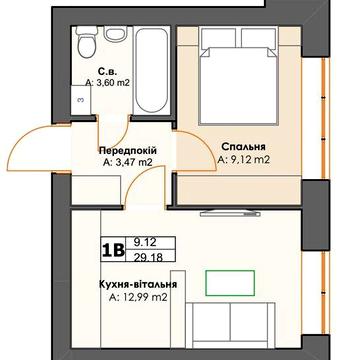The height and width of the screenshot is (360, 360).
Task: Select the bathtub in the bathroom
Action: pyautogui.click(x=152, y=71)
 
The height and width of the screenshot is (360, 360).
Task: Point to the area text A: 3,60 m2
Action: pyautogui.click(x=107, y=82)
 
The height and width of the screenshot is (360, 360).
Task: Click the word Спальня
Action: pyautogui.click(x=243, y=147)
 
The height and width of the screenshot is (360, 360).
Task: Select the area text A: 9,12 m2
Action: pyautogui.click(x=243, y=160)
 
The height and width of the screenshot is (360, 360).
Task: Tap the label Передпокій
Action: pyautogui.click(x=128, y=151)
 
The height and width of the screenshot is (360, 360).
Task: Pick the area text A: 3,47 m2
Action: pyautogui.click(x=128, y=162)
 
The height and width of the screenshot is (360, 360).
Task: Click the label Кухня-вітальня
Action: pyautogui.click(x=138, y=284)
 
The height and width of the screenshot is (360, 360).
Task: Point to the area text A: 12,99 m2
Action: pyautogui.click(x=138, y=297)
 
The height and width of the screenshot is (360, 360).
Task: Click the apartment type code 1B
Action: pyautogui.click(x=113, y=249)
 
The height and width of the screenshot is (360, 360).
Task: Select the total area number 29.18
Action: pyautogui.click(x=150, y=256)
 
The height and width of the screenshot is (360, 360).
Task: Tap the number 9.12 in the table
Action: pyautogui.click(x=145, y=242)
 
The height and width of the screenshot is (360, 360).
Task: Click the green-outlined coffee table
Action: pyautogui.click(x=230, y=283)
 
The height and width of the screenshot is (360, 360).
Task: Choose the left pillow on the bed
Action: pyautogui.click(x=219, y=38)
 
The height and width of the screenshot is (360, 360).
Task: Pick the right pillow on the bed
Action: pyautogui.click(x=259, y=38)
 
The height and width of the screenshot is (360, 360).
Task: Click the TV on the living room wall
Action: pyautogui.click(x=230, y=213)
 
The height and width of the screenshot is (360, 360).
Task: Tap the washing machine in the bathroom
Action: pyautogui.click(x=81, y=100)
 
